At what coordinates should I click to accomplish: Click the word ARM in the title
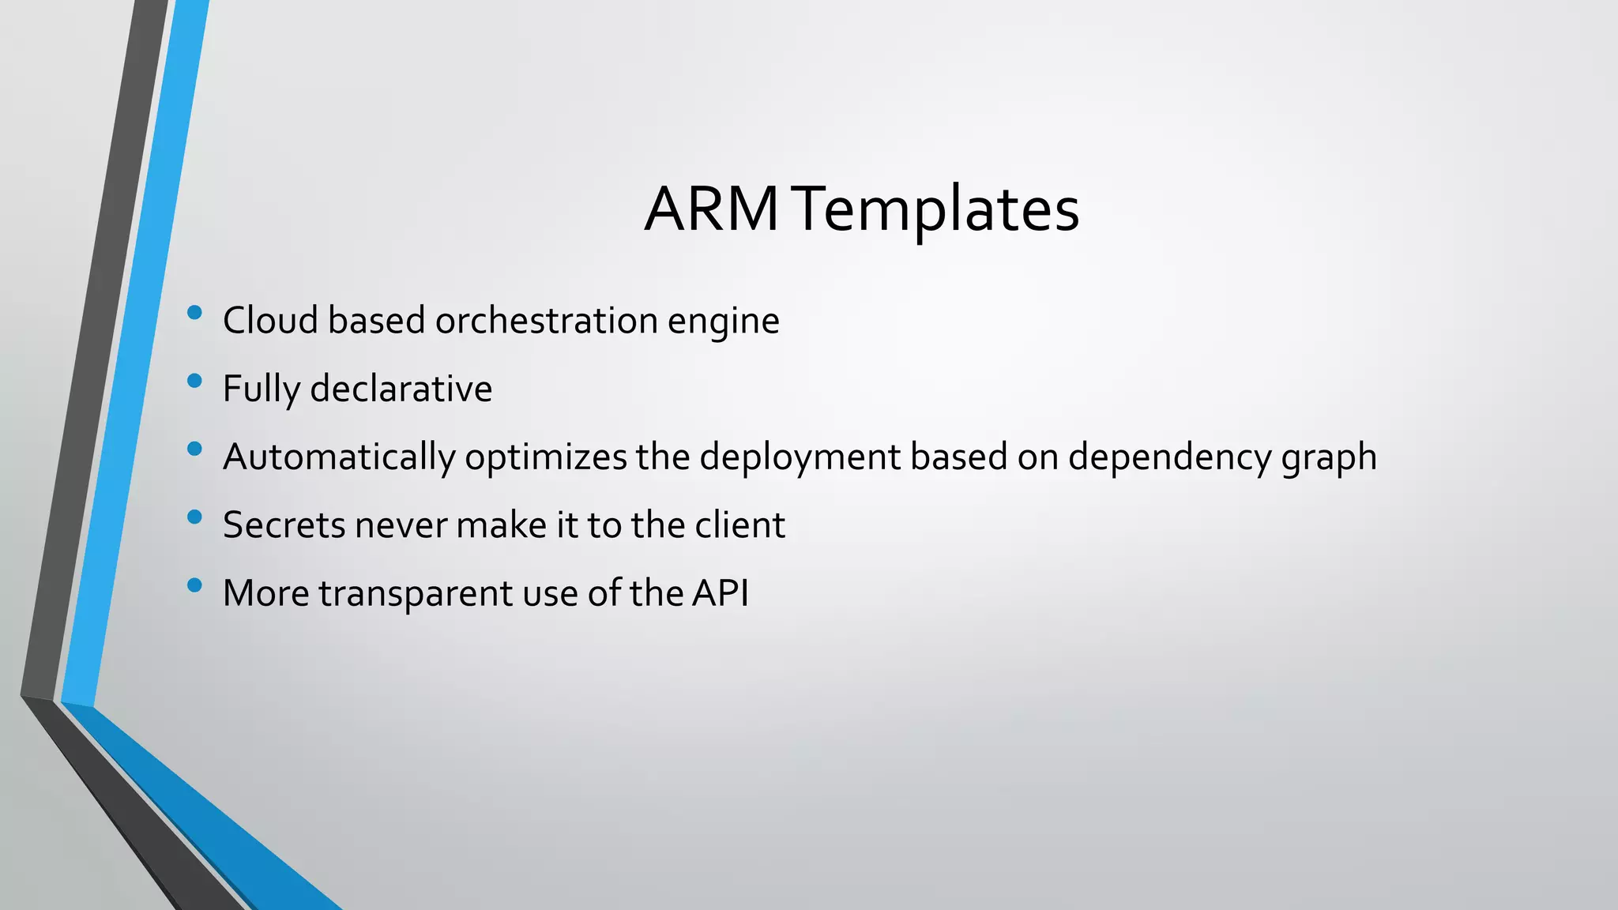(x=712, y=209)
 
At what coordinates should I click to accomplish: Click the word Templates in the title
(x=937, y=209)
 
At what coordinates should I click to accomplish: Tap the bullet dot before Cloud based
(x=194, y=314)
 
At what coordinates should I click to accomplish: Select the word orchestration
(x=546, y=321)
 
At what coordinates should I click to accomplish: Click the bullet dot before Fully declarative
(x=194, y=382)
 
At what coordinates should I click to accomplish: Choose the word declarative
(x=401, y=389)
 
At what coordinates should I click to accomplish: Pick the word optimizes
(x=545, y=457)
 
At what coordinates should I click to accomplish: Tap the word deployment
(x=800, y=457)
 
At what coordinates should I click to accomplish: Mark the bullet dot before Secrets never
(x=194, y=518)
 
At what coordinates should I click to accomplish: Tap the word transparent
(x=416, y=594)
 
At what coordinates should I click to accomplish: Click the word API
(x=720, y=592)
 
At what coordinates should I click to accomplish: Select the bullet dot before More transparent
(x=194, y=586)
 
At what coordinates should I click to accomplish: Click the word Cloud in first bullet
(x=270, y=321)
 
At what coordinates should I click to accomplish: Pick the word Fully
(x=262, y=389)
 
